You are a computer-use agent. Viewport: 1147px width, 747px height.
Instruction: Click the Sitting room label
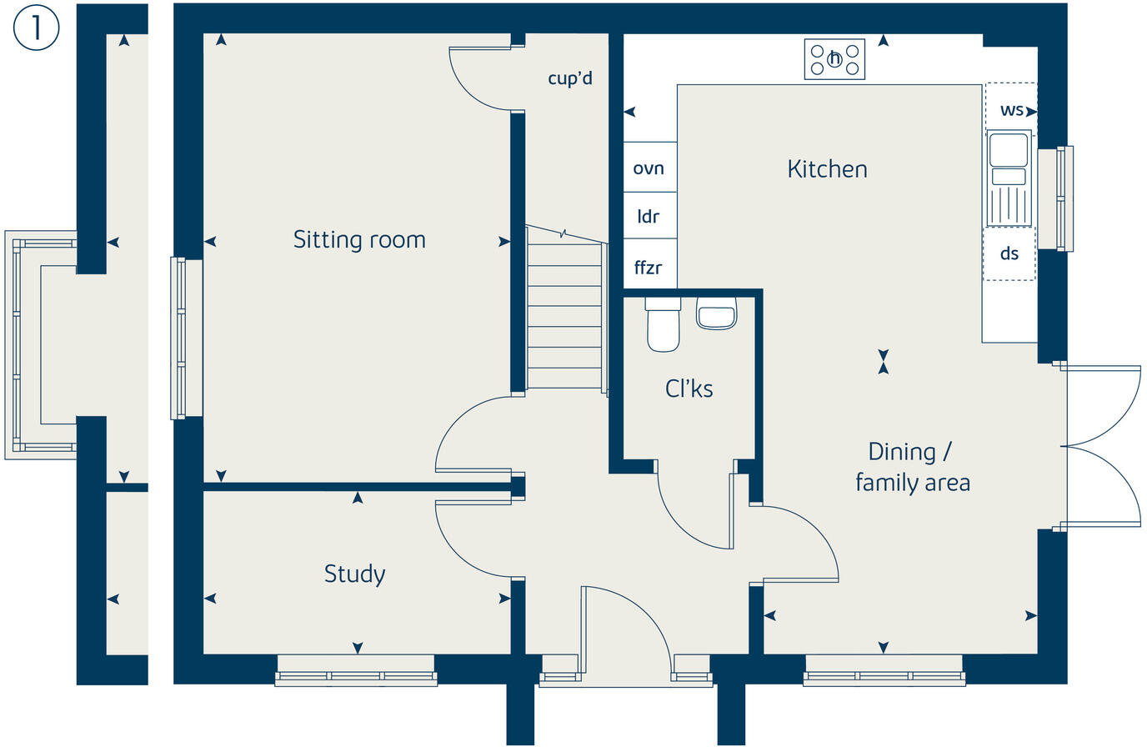point(359,239)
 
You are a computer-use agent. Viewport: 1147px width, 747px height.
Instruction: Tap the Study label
point(354,574)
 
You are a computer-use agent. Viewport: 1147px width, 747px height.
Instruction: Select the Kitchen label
point(828,169)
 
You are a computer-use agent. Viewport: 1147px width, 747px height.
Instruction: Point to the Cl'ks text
point(689,389)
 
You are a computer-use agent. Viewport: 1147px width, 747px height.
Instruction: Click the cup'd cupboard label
point(570,78)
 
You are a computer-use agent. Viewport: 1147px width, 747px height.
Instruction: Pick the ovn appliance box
point(650,168)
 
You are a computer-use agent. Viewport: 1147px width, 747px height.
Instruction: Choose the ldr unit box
point(650,216)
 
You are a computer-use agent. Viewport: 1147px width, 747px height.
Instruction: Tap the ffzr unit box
point(650,263)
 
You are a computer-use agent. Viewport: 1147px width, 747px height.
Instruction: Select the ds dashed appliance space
point(1009,254)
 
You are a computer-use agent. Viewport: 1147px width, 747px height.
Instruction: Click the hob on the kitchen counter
point(834,59)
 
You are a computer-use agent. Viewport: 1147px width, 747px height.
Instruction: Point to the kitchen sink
point(1009,178)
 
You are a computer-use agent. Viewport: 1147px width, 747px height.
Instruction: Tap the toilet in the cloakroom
point(664,324)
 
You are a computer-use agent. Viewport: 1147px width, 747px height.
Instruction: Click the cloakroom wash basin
point(716,313)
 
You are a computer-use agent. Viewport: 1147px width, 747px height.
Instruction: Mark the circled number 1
point(36,28)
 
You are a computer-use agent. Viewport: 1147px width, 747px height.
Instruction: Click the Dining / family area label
point(913,467)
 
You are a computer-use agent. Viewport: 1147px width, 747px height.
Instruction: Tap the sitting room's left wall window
point(186,338)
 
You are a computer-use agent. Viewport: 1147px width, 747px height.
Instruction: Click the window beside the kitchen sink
point(1056,198)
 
